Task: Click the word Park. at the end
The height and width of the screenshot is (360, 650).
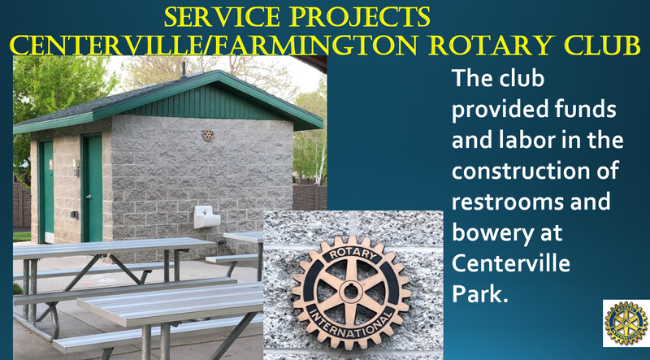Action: click(479, 293)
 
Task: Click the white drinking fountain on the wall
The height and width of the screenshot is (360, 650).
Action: click(207, 216)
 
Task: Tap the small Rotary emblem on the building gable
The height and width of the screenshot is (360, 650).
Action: click(208, 135)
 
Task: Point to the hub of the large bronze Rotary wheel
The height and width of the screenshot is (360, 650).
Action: click(352, 292)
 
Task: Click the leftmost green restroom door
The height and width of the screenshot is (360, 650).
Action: click(46, 191)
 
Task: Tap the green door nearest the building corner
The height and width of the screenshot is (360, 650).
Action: click(93, 189)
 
